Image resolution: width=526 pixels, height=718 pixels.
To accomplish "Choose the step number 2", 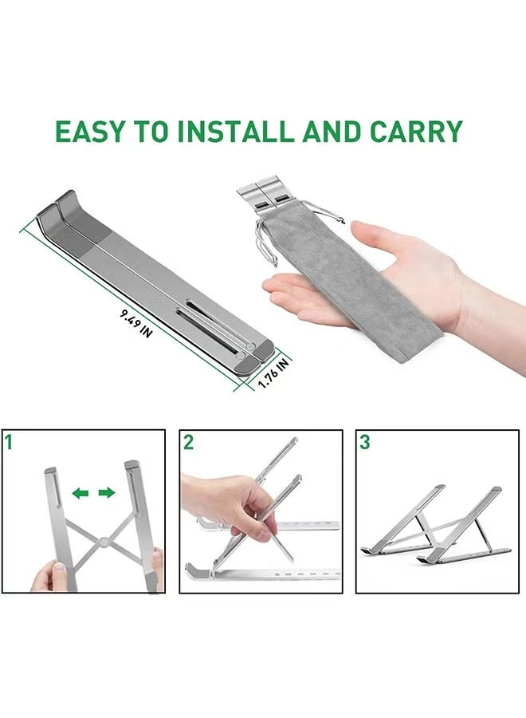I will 188,442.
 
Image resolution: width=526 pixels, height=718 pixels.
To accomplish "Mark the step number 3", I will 364,441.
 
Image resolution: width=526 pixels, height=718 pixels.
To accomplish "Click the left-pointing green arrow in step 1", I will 80,493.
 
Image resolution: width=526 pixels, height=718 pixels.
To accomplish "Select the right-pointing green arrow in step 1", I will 106,493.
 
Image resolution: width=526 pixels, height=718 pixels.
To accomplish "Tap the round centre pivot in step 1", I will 104,546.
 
